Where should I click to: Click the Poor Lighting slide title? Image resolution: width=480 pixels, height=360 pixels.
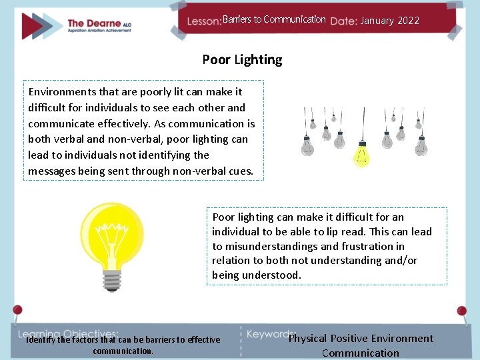(242, 59)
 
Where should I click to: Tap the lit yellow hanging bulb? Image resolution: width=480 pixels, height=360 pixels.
(361, 155)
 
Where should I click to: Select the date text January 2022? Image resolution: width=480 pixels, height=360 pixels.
(389, 21)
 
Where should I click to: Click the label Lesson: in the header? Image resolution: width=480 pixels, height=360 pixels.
(204, 21)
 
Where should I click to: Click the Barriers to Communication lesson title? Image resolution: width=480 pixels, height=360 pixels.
(274, 19)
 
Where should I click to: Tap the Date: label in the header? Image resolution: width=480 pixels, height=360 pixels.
(343, 21)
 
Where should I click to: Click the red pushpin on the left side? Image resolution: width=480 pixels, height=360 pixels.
(17, 311)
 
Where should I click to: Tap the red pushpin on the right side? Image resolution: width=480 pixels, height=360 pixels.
(461, 311)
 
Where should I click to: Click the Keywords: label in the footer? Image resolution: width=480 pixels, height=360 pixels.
(271, 333)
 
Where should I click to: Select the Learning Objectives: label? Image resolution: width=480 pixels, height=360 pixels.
(68, 333)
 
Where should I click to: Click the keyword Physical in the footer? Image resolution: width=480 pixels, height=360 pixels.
(307, 339)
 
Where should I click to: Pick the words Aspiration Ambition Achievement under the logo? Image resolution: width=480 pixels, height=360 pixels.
(107, 33)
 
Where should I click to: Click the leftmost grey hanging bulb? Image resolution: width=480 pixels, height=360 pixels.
(307, 144)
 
